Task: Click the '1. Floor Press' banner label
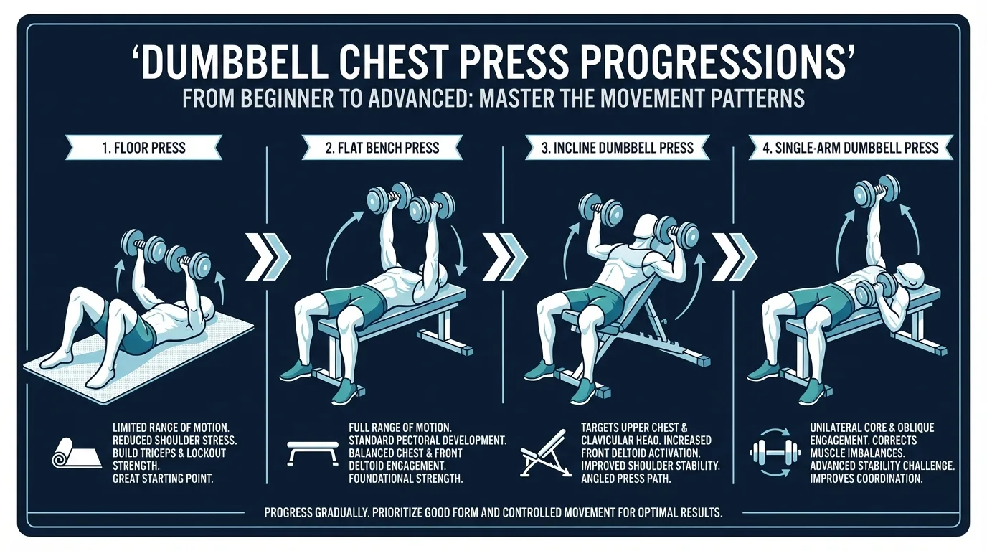(x=143, y=149)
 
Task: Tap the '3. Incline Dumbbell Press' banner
(x=617, y=148)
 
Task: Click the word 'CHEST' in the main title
(x=390, y=65)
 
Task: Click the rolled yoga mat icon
(x=69, y=452)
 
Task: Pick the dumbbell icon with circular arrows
(x=774, y=452)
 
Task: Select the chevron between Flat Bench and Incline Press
(x=505, y=255)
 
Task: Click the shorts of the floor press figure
(x=133, y=330)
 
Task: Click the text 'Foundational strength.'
(x=406, y=478)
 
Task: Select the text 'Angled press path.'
(x=626, y=478)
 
